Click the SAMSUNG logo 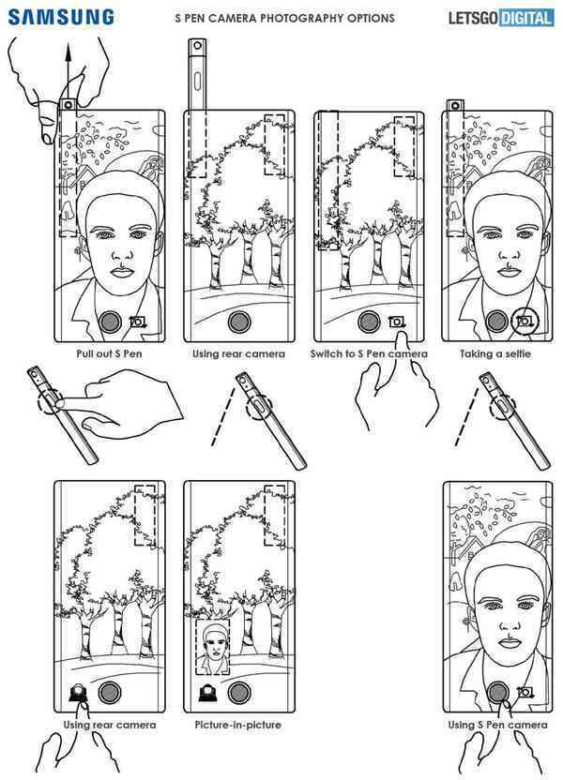pyautogui.click(x=62, y=17)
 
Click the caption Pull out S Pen pyautogui.click(x=110, y=354)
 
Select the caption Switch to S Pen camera pyautogui.click(x=369, y=354)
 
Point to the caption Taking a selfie pyautogui.click(x=496, y=354)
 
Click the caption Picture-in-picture pyautogui.click(x=238, y=725)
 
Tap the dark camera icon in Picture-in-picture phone pyautogui.click(x=207, y=695)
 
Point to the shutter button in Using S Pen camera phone pyautogui.click(x=498, y=693)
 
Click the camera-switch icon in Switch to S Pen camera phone pyautogui.click(x=397, y=322)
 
